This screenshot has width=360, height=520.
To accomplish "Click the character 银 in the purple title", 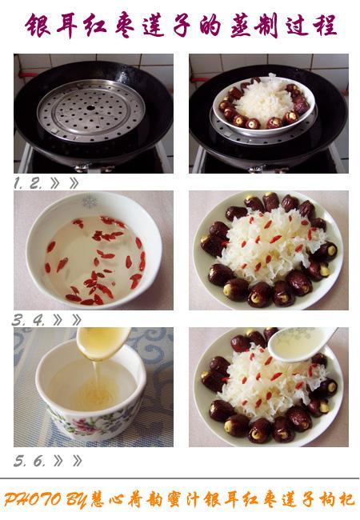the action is (x=38, y=26).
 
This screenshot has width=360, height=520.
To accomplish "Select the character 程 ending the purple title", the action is (x=325, y=26).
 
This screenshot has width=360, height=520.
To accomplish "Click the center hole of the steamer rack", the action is (x=90, y=108).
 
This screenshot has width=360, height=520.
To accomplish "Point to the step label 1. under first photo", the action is (x=18, y=183).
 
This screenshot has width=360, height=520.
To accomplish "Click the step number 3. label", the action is (x=19, y=320).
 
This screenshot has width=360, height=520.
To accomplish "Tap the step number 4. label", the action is (x=38, y=320).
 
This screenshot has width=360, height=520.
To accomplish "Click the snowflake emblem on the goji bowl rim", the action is (x=90, y=202).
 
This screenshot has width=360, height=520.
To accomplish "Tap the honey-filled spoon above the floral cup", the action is (x=102, y=343).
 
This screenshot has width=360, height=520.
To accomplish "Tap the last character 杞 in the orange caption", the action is (x=346, y=499).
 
